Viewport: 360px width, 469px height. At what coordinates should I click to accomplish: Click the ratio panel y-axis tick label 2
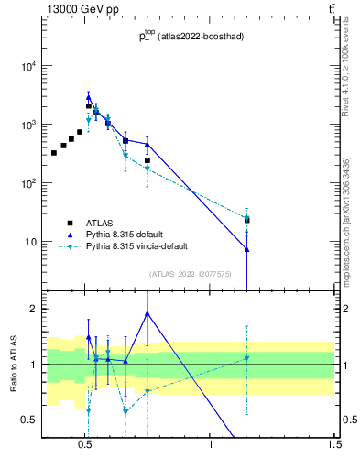33,309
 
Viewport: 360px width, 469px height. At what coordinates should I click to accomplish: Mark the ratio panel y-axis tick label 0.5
29,420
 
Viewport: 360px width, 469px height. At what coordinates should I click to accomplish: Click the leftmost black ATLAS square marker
54,152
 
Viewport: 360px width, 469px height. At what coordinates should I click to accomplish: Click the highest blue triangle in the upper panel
89,96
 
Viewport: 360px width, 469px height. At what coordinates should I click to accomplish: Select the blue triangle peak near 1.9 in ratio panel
147,313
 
